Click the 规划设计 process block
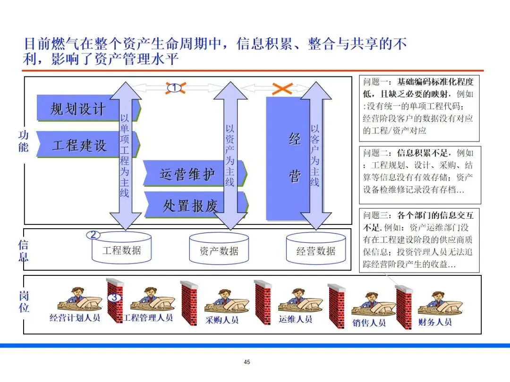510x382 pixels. pyautogui.click(x=78, y=108)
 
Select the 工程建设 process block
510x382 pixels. pyautogui.click(x=79, y=144)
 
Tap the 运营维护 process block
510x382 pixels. pyautogui.click(x=187, y=174)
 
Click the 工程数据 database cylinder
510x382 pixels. pyautogui.click(x=121, y=250)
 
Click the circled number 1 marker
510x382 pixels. pyautogui.click(x=174, y=87)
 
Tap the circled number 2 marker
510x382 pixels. pyautogui.click(x=93, y=234)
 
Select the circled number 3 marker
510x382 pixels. pyautogui.click(x=115, y=298)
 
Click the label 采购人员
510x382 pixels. pyautogui.click(x=222, y=320)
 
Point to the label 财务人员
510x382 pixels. pyautogui.click(x=435, y=322)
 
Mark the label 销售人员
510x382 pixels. pyautogui.click(x=369, y=323)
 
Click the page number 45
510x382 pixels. pyautogui.click(x=247, y=362)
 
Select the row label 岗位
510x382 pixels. pyautogui.click(x=23, y=302)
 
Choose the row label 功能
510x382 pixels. pyautogui.click(x=23, y=141)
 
